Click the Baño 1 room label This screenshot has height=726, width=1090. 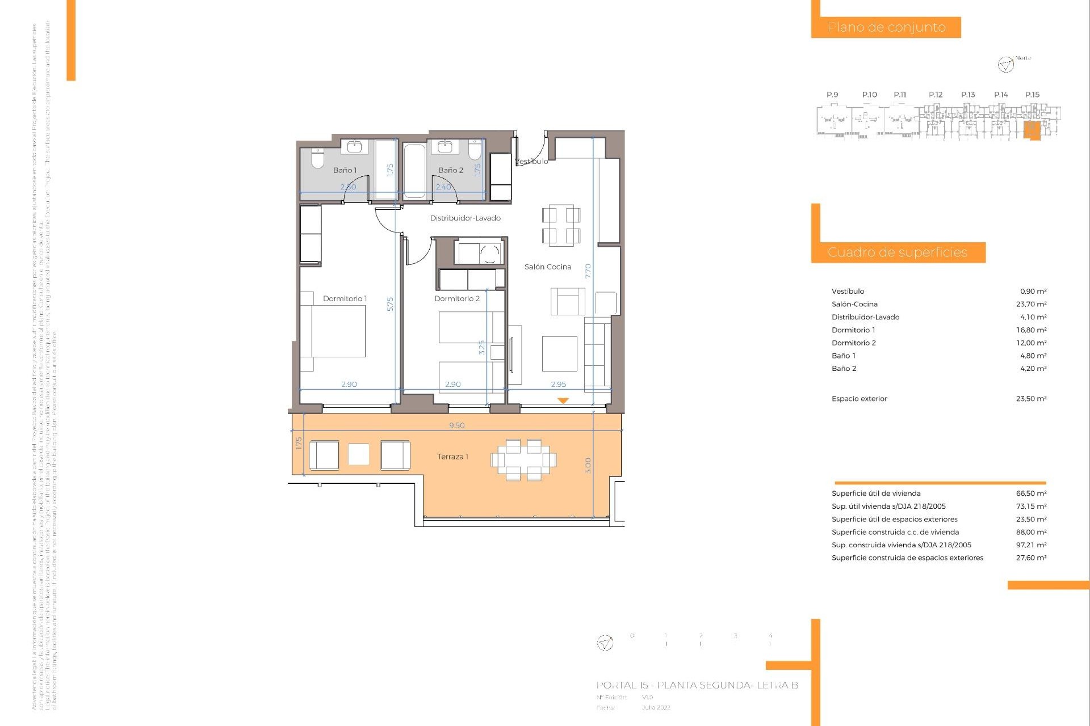tap(345, 170)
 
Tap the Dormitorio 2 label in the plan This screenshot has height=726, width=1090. tap(457, 298)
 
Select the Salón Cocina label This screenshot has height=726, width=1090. tap(547, 267)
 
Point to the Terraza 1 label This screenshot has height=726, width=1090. tap(452, 457)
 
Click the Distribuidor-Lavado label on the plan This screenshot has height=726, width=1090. tap(465, 218)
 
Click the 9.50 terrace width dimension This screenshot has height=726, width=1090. tap(456, 425)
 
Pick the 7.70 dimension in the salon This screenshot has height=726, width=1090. tap(588, 271)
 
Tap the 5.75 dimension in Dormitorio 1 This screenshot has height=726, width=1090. tap(390, 304)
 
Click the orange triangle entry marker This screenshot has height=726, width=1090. tap(563, 400)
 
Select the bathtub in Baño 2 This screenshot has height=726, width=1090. tap(414, 171)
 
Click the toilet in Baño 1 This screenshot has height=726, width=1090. tap(317, 158)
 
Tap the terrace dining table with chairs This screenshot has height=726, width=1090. tap(523, 460)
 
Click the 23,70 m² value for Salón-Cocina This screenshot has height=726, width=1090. tap(1031, 304)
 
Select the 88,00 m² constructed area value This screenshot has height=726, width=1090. tap(1031, 532)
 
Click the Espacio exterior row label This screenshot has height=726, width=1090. tap(859, 399)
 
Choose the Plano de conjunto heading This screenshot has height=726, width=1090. tap(886, 27)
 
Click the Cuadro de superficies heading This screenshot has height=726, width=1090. tap(897, 252)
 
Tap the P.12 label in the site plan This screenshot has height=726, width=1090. tap(935, 95)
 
